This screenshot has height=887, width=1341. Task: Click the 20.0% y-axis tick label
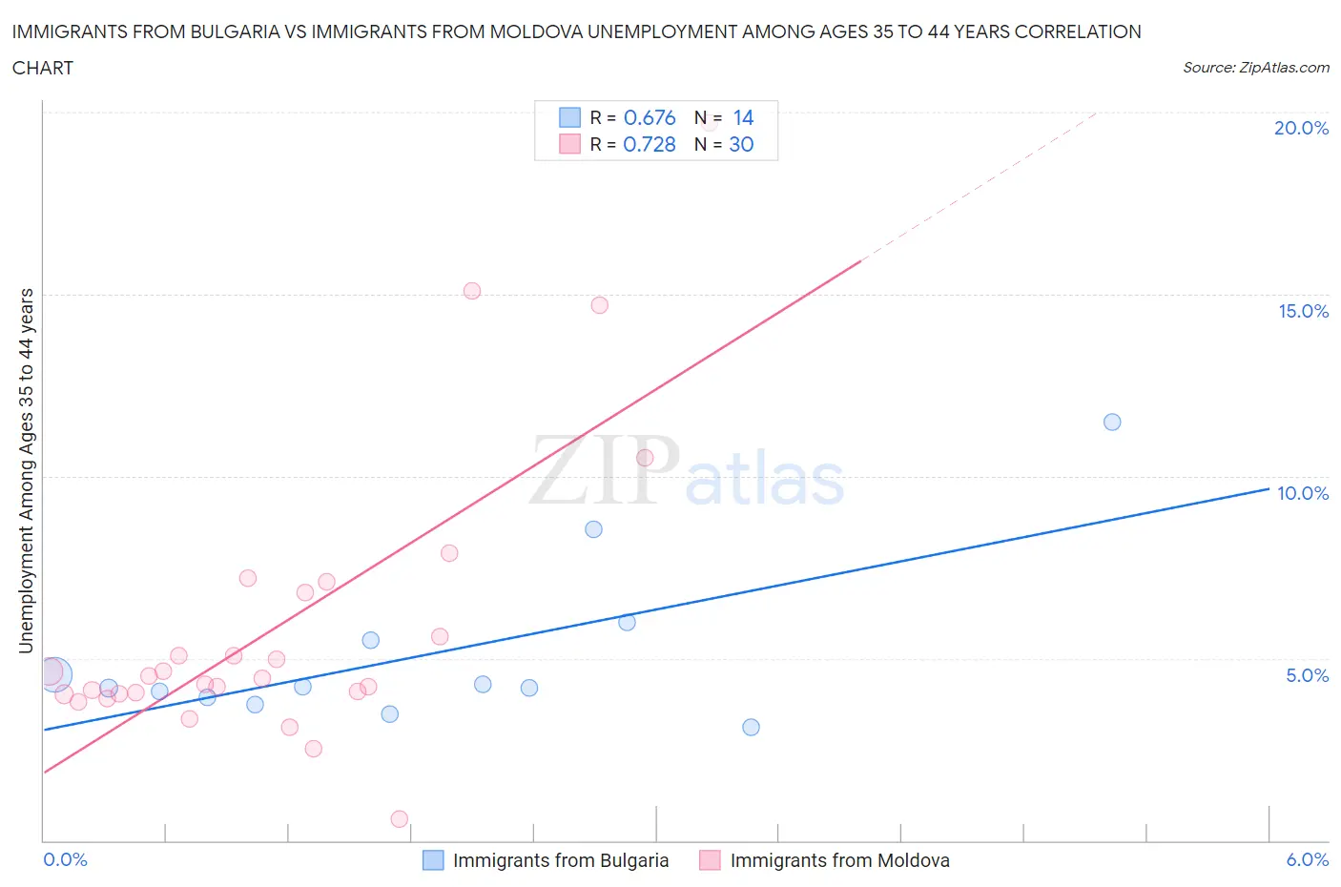1301,128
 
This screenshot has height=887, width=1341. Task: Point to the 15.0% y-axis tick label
1303,311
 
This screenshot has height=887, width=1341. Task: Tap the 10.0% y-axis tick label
1303,493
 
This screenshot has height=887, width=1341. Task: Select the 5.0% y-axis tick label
1307,675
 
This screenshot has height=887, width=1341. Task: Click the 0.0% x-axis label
65,859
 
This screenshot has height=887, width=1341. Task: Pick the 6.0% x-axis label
1307,859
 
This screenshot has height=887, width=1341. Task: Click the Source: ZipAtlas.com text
1255,68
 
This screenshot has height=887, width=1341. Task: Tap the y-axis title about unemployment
27,470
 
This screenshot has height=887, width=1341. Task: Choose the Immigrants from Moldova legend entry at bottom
825,860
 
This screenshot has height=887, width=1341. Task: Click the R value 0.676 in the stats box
650,117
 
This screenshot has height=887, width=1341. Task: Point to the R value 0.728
650,144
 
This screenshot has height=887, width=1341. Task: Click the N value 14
743,117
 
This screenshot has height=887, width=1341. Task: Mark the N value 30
741,144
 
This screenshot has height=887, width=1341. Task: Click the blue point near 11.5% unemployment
1112,422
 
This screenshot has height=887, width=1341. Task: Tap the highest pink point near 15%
472,291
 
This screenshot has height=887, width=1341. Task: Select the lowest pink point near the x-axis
400,819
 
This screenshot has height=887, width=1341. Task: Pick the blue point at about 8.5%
593,529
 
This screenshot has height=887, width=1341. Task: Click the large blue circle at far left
55,674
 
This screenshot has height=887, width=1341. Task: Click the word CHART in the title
43,68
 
